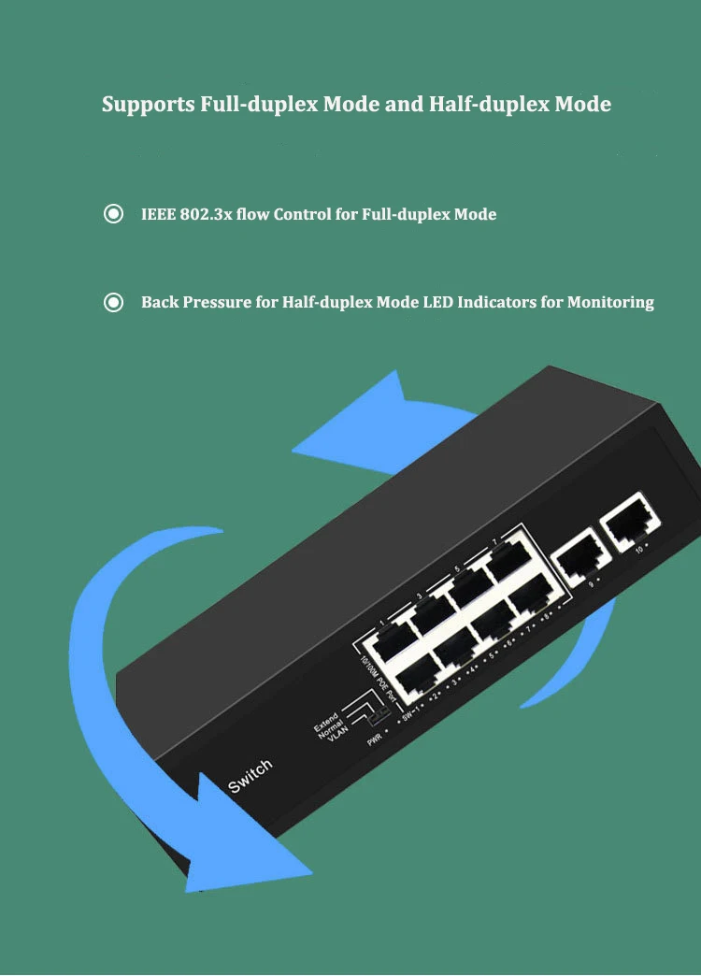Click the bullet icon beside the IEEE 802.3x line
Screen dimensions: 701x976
pyautogui.click(x=113, y=215)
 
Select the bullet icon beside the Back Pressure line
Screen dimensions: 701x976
pyautogui.click(x=113, y=303)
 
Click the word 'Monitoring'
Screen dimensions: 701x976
pyautogui.click(x=610, y=303)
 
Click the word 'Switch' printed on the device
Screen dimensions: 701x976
pyautogui.click(x=250, y=776)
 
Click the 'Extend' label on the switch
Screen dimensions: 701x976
pyautogui.click(x=326, y=721)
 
